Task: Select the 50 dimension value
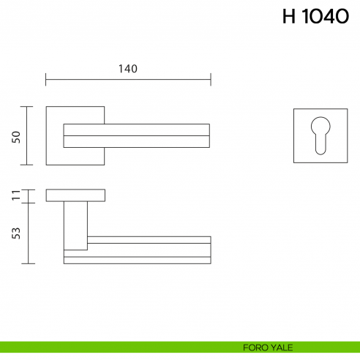(x=16, y=137)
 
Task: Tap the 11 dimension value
(x=16, y=195)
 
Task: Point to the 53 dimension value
(x=16, y=233)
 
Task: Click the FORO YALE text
(x=261, y=347)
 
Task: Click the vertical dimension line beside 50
(x=28, y=136)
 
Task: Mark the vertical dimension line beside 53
(x=28, y=233)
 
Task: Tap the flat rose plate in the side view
(x=75, y=195)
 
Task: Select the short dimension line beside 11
(x=28, y=195)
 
